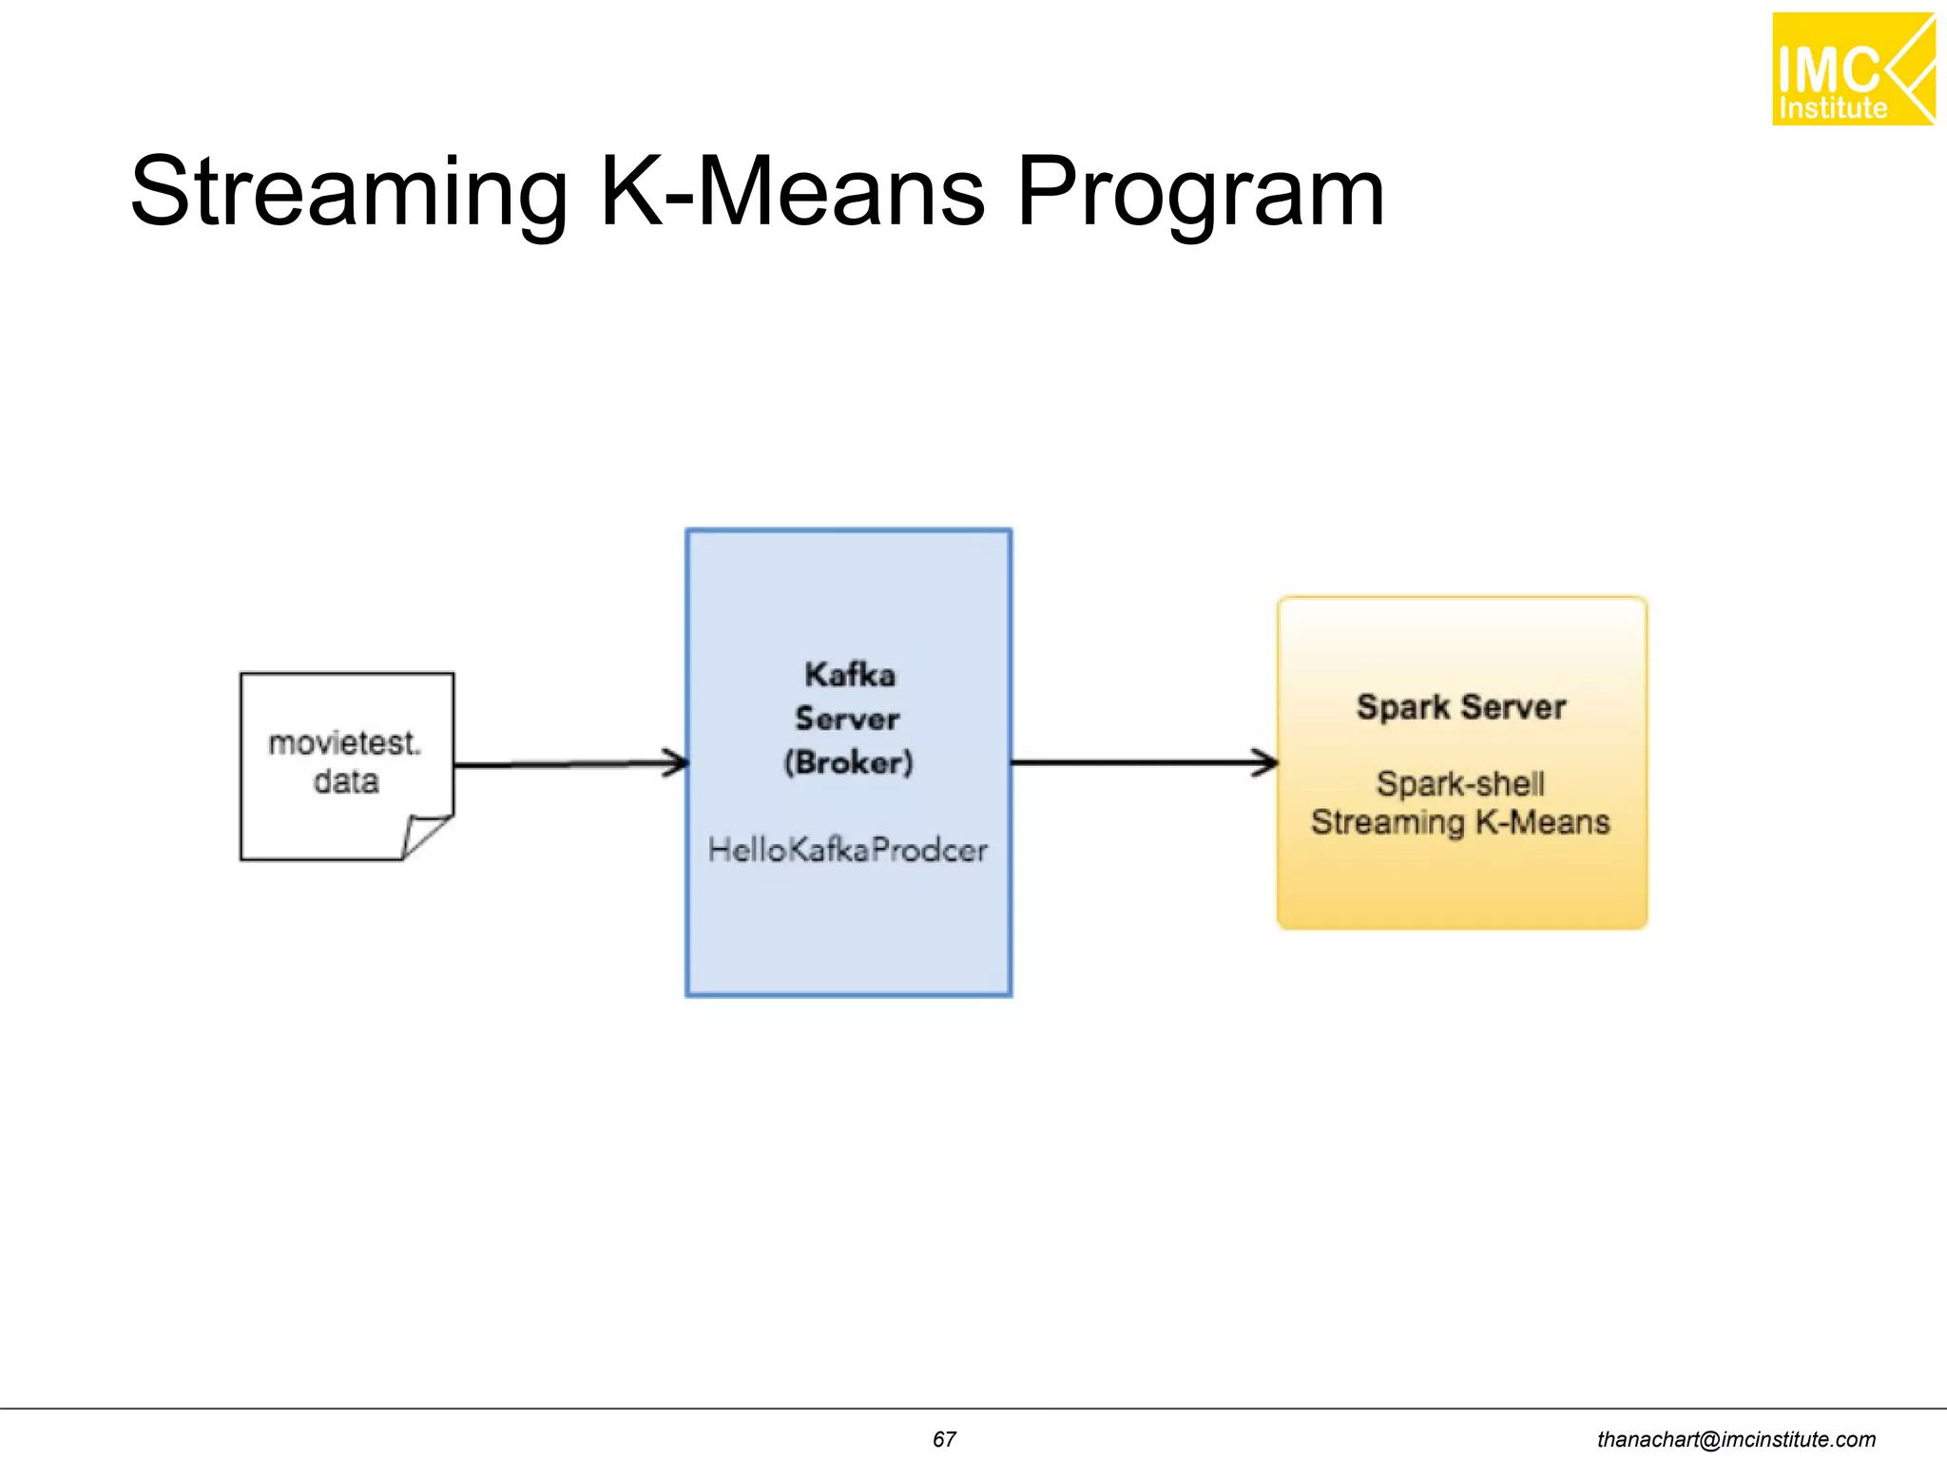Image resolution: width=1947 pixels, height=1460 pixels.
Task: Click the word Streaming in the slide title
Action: pos(348,193)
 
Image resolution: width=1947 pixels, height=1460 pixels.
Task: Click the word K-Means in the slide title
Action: pos(793,193)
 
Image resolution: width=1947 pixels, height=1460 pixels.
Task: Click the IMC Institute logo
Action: pos(1852,69)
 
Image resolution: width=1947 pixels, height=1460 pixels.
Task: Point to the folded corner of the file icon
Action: pos(425,836)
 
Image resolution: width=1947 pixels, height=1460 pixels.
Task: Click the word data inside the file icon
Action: pos(346,781)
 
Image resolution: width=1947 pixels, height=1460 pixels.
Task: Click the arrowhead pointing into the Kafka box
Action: pos(676,762)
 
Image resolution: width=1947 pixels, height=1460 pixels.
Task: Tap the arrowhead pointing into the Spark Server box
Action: pos(1265,762)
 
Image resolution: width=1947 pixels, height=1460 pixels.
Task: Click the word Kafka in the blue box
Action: pos(849,675)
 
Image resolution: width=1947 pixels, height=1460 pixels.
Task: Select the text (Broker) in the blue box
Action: pos(848,762)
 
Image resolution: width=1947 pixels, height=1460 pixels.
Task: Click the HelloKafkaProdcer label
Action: pos(847,850)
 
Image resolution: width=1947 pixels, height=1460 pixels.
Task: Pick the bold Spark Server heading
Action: pos(1460,707)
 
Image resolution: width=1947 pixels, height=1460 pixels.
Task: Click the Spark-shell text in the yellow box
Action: pos(1460,784)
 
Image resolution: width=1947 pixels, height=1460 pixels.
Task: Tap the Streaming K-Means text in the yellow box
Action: pos(1460,822)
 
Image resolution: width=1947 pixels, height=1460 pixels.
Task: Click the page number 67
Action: pos(944,1439)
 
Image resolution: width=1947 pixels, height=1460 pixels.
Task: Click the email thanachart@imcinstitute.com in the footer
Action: pos(1736,1439)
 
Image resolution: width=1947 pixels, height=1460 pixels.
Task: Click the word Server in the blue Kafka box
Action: pos(847,719)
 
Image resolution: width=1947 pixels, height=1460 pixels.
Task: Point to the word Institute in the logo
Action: pos(1832,108)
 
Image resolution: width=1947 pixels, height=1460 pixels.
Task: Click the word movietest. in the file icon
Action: pos(344,742)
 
